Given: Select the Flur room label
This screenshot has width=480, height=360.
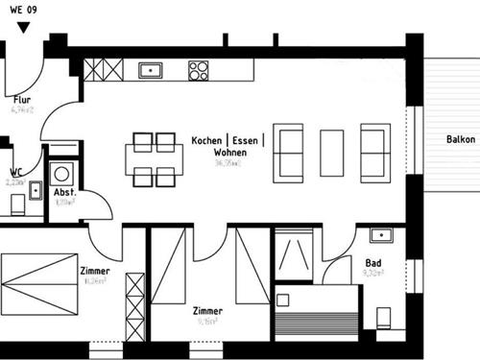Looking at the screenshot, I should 21,99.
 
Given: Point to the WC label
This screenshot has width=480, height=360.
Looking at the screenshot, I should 15,173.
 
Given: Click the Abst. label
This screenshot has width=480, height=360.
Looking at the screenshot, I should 65,192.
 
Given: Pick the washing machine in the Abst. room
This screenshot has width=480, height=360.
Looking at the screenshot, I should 64,174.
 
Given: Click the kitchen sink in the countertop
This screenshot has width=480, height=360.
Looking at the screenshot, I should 151,69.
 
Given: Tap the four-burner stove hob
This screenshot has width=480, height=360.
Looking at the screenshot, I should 199,69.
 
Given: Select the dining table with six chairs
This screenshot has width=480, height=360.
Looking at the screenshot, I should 155,159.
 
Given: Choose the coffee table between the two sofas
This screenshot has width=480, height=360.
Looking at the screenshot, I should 331,153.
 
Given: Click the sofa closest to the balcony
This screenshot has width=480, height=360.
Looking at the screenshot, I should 374,153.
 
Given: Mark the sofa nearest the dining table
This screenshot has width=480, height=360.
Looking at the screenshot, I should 289,153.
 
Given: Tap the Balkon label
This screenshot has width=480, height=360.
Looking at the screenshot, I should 461,140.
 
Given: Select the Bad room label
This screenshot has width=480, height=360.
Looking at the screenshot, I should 373,262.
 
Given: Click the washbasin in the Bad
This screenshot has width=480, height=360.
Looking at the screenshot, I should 380,234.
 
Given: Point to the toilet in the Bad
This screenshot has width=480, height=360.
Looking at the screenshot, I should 385,318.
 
